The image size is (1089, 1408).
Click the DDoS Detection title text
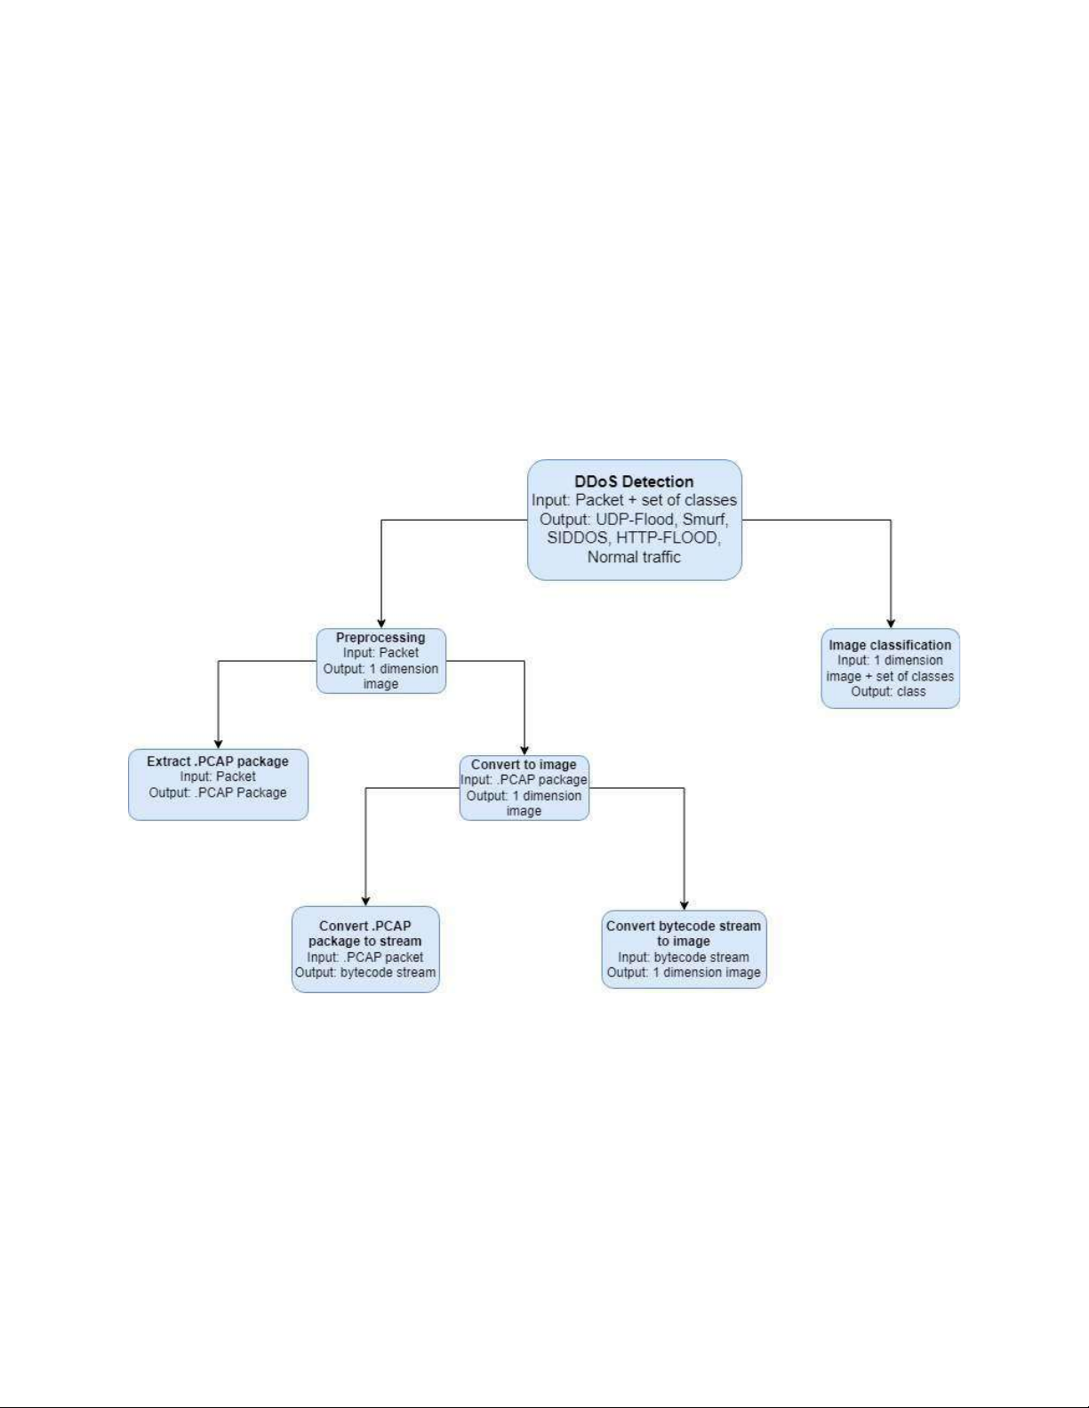coord(634,481)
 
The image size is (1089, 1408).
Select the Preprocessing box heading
coord(380,638)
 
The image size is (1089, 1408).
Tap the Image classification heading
coord(890,645)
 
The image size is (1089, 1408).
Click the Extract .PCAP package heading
coord(218,761)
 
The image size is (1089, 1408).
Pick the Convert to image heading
coord(524,765)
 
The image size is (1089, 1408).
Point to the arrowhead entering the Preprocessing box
coord(381,624)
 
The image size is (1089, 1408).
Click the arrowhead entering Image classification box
coord(891,624)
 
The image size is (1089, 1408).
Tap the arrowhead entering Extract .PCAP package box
coord(219,744)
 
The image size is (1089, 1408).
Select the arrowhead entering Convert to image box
coord(524,751)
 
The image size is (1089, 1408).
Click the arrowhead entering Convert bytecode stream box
coord(684,906)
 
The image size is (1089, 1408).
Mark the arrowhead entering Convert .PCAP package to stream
coord(365,902)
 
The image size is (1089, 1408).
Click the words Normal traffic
coord(634,557)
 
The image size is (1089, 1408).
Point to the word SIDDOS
coord(577,537)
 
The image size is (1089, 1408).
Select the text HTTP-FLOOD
coord(668,537)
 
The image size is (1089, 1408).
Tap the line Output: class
coord(888,691)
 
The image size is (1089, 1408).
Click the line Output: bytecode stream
coord(365,973)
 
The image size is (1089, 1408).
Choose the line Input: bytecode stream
coord(684,957)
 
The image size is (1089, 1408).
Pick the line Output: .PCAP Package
coord(218,792)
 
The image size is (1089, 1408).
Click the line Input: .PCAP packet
coord(365,957)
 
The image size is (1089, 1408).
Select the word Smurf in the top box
coord(705,519)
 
